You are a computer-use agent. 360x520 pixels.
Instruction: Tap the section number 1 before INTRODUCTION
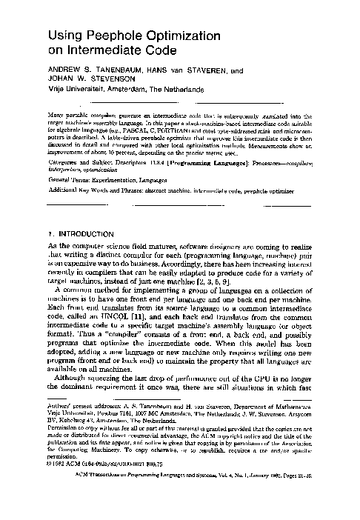click(x=49, y=233)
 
